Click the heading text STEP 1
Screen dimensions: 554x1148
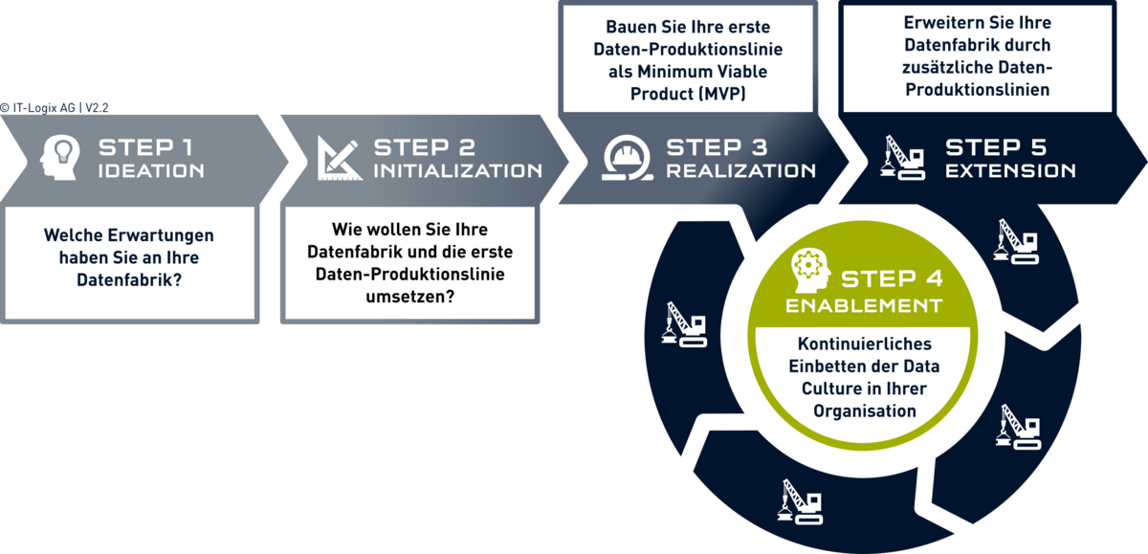[x=145, y=147]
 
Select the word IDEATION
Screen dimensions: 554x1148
[x=151, y=171]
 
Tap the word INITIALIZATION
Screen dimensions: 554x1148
[x=457, y=171]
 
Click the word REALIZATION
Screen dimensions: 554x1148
[x=741, y=171]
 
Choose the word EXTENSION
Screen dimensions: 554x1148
[x=1010, y=171]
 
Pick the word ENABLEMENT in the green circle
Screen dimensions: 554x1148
[x=864, y=306]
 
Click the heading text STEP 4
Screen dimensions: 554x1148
[x=893, y=279]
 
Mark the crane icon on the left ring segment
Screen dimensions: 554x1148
[x=684, y=324]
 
